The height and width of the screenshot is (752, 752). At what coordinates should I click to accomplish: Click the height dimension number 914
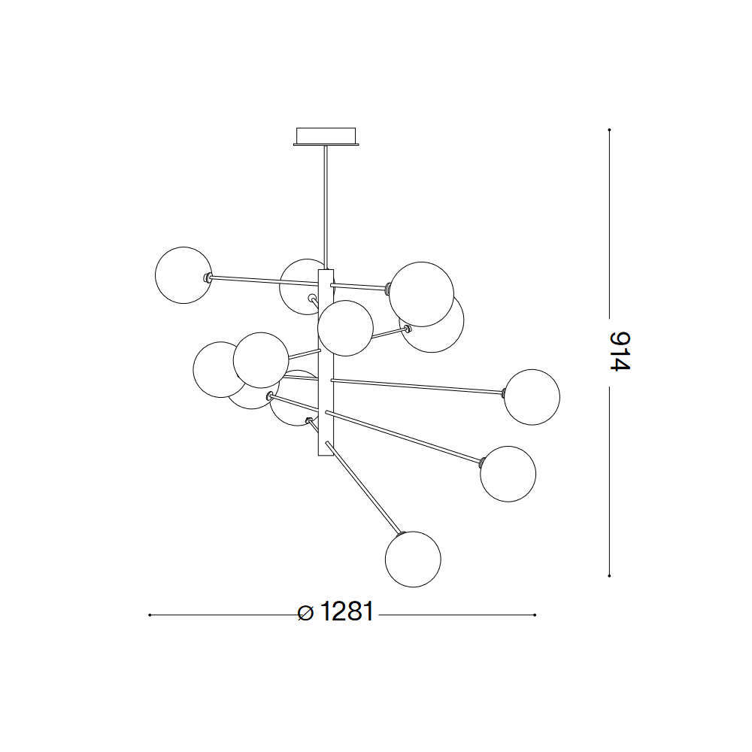coord(620,351)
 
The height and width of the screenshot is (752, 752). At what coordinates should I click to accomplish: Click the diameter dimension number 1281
coord(346,611)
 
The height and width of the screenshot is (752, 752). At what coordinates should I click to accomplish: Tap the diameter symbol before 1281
coord(305,613)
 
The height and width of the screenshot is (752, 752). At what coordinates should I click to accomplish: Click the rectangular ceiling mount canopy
coord(326,136)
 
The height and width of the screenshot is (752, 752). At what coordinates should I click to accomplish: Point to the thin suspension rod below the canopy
coord(326,208)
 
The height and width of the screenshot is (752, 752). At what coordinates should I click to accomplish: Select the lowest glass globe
coord(412,559)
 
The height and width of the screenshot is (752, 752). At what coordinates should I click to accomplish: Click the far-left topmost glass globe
coord(183,275)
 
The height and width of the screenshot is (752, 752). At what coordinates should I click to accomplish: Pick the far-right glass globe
coord(532,397)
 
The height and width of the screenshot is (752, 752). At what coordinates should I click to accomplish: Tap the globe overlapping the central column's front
coord(345,328)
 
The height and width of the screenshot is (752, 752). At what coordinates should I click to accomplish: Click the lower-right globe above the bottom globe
coord(508,474)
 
